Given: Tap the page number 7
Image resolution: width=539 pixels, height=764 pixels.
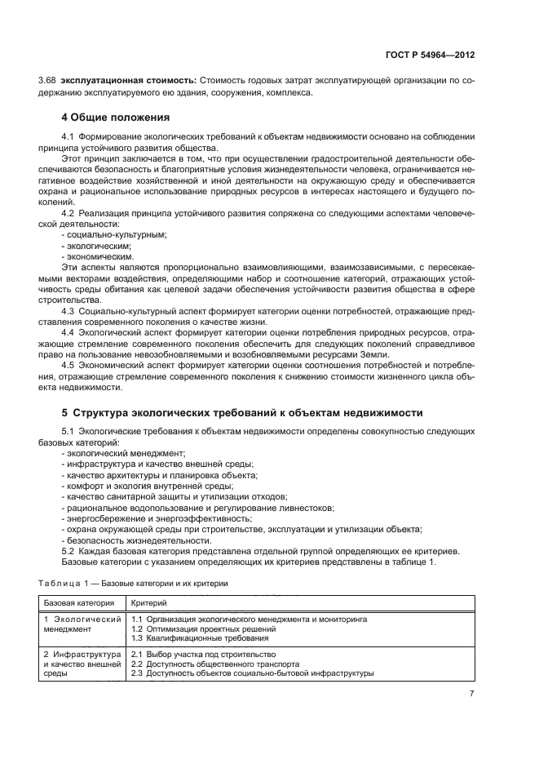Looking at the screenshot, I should [x=471, y=693].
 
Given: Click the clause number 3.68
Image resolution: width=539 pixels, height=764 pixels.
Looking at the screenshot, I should [x=48, y=81].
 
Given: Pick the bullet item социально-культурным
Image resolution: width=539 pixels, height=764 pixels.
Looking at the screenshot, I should [x=115, y=234].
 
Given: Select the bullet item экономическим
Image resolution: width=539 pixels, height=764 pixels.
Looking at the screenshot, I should [x=99, y=255].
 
